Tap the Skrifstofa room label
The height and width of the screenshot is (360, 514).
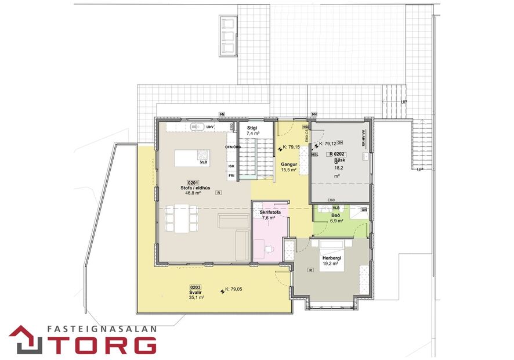pyautogui.click(x=270, y=213)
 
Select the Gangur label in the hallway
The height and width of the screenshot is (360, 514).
pyautogui.click(x=289, y=164)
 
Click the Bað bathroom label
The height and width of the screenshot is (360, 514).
pyautogui.click(x=335, y=215)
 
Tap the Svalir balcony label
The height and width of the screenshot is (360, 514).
pyautogui.click(x=196, y=292)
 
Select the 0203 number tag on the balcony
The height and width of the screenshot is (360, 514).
pyautogui.click(x=196, y=287)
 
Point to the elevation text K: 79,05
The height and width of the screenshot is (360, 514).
pyautogui.click(x=233, y=289)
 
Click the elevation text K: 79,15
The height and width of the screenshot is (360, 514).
pyautogui.click(x=290, y=147)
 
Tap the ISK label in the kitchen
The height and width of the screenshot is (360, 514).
pyautogui.click(x=231, y=166)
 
